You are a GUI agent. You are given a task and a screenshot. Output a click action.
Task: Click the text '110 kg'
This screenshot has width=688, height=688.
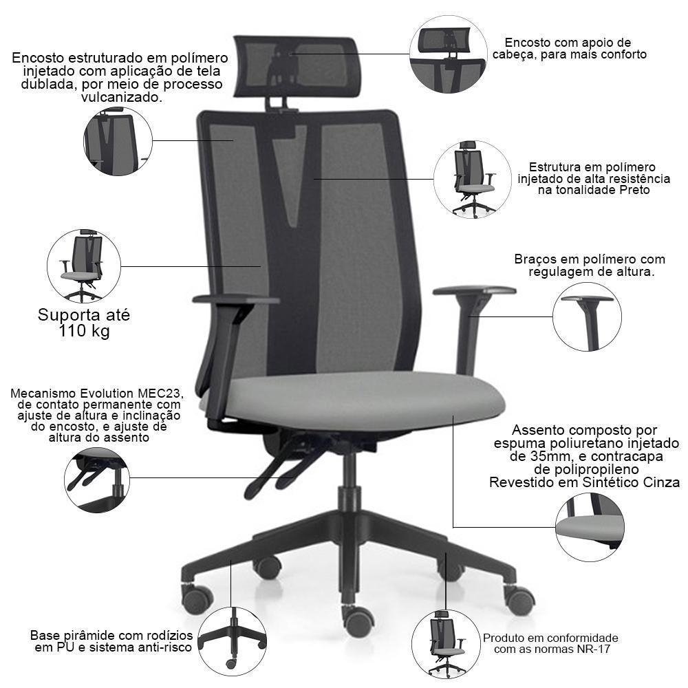coord(84,331)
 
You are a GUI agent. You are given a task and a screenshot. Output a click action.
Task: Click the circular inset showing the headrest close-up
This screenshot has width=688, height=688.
coord(448,54)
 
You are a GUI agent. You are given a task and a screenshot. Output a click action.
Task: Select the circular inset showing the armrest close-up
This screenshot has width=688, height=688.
coord(587,316)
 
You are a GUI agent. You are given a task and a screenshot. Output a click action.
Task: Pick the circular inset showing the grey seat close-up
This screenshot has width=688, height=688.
coord(590,527)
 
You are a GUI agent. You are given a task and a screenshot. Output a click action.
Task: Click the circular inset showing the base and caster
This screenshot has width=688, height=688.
coord(232,641)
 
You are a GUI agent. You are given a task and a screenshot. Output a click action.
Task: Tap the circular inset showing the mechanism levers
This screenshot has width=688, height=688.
coord(96,480)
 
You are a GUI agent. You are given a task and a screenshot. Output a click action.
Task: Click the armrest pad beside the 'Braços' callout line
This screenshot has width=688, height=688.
coord(474,290)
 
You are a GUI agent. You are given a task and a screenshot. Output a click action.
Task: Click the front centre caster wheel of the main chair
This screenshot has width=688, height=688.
coord(358,621)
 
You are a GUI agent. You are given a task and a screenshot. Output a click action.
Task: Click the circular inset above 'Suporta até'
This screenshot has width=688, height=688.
coord(84,266)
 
